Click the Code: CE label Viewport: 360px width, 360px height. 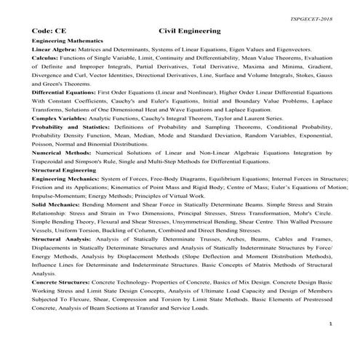[x=47, y=32]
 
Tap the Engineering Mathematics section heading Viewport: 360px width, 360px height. [x=68, y=42]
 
